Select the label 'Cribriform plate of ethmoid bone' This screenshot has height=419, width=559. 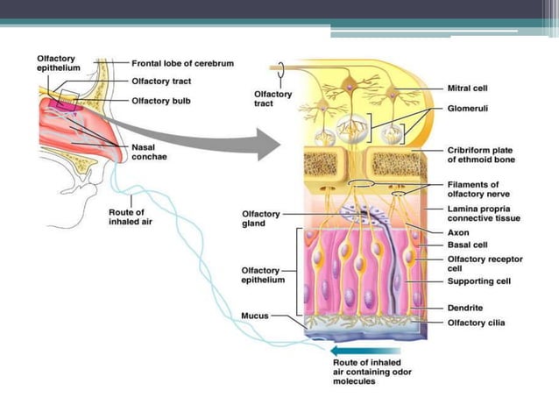(480, 154)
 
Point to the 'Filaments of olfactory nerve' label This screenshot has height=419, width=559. (473, 189)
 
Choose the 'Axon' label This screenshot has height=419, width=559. (459, 233)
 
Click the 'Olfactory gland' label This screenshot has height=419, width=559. (260, 218)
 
